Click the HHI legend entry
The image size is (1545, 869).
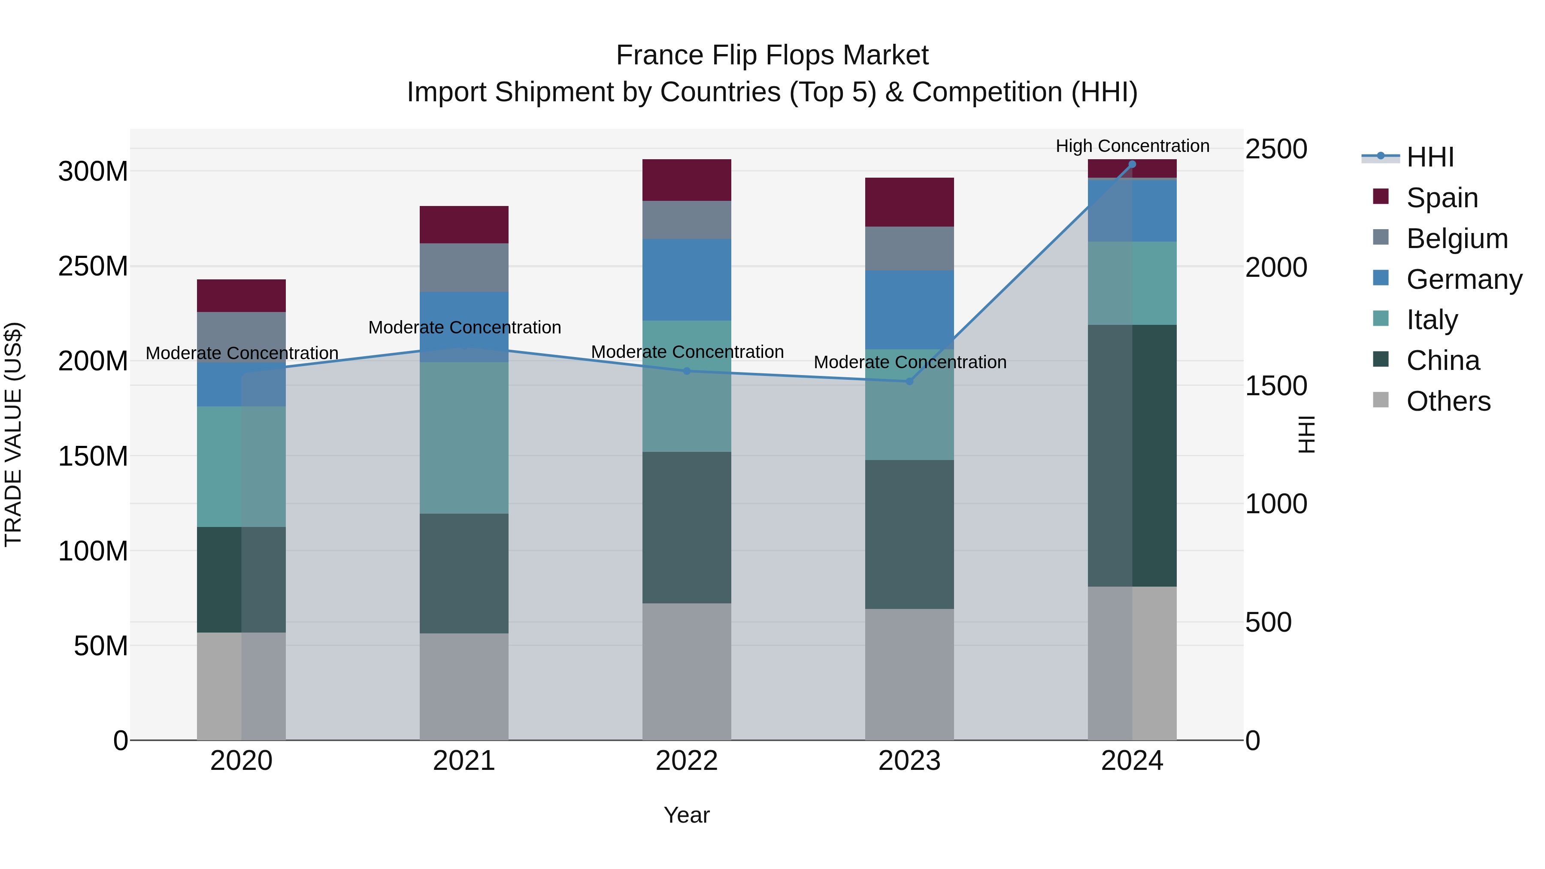tap(1430, 157)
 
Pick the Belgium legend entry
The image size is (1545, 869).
tap(1456, 239)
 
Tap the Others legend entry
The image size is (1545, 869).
tap(1448, 401)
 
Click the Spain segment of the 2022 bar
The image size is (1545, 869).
tap(687, 180)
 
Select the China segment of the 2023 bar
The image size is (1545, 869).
tap(909, 534)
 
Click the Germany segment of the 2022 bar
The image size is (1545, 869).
tap(687, 279)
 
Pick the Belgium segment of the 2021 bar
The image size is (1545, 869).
tap(463, 267)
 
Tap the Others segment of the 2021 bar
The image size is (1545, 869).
tap(463, 686)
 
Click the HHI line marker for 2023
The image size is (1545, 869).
tap(909, 382)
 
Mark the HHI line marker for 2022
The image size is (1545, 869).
tap(687, 371)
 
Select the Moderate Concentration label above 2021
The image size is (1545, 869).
tap(464, 327)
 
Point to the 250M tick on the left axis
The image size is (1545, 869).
tap(93, 266)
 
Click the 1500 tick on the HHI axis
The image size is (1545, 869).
tap(1276, 386)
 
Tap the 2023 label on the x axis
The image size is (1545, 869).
tap(909, 761)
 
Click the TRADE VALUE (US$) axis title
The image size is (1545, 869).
tap(13, 434)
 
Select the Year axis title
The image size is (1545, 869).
tap(687, 815)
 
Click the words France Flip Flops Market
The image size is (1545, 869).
tap(772, 55)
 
